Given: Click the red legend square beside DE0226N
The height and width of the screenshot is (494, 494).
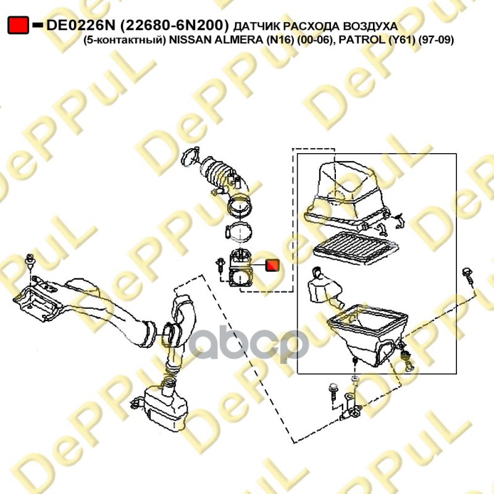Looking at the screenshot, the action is pyautogui.click(x=19, y=25).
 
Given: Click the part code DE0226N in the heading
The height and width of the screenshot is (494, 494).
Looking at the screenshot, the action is pyautogui.click(x=82, y=25).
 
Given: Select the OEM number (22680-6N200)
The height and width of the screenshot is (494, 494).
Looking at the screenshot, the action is pyautogui.click(x=174, y=25).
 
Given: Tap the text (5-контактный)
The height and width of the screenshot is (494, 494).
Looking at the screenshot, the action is pyautogui.click(x=125, y=40).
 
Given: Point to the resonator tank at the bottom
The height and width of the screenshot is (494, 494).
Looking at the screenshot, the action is pyautogui.click(x=164, y=407).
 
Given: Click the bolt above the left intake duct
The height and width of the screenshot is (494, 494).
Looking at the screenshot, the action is pyautogui.click(x=30, y=261).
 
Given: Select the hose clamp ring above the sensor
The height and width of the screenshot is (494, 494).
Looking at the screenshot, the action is pyautogui.click(x=238, y=231).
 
